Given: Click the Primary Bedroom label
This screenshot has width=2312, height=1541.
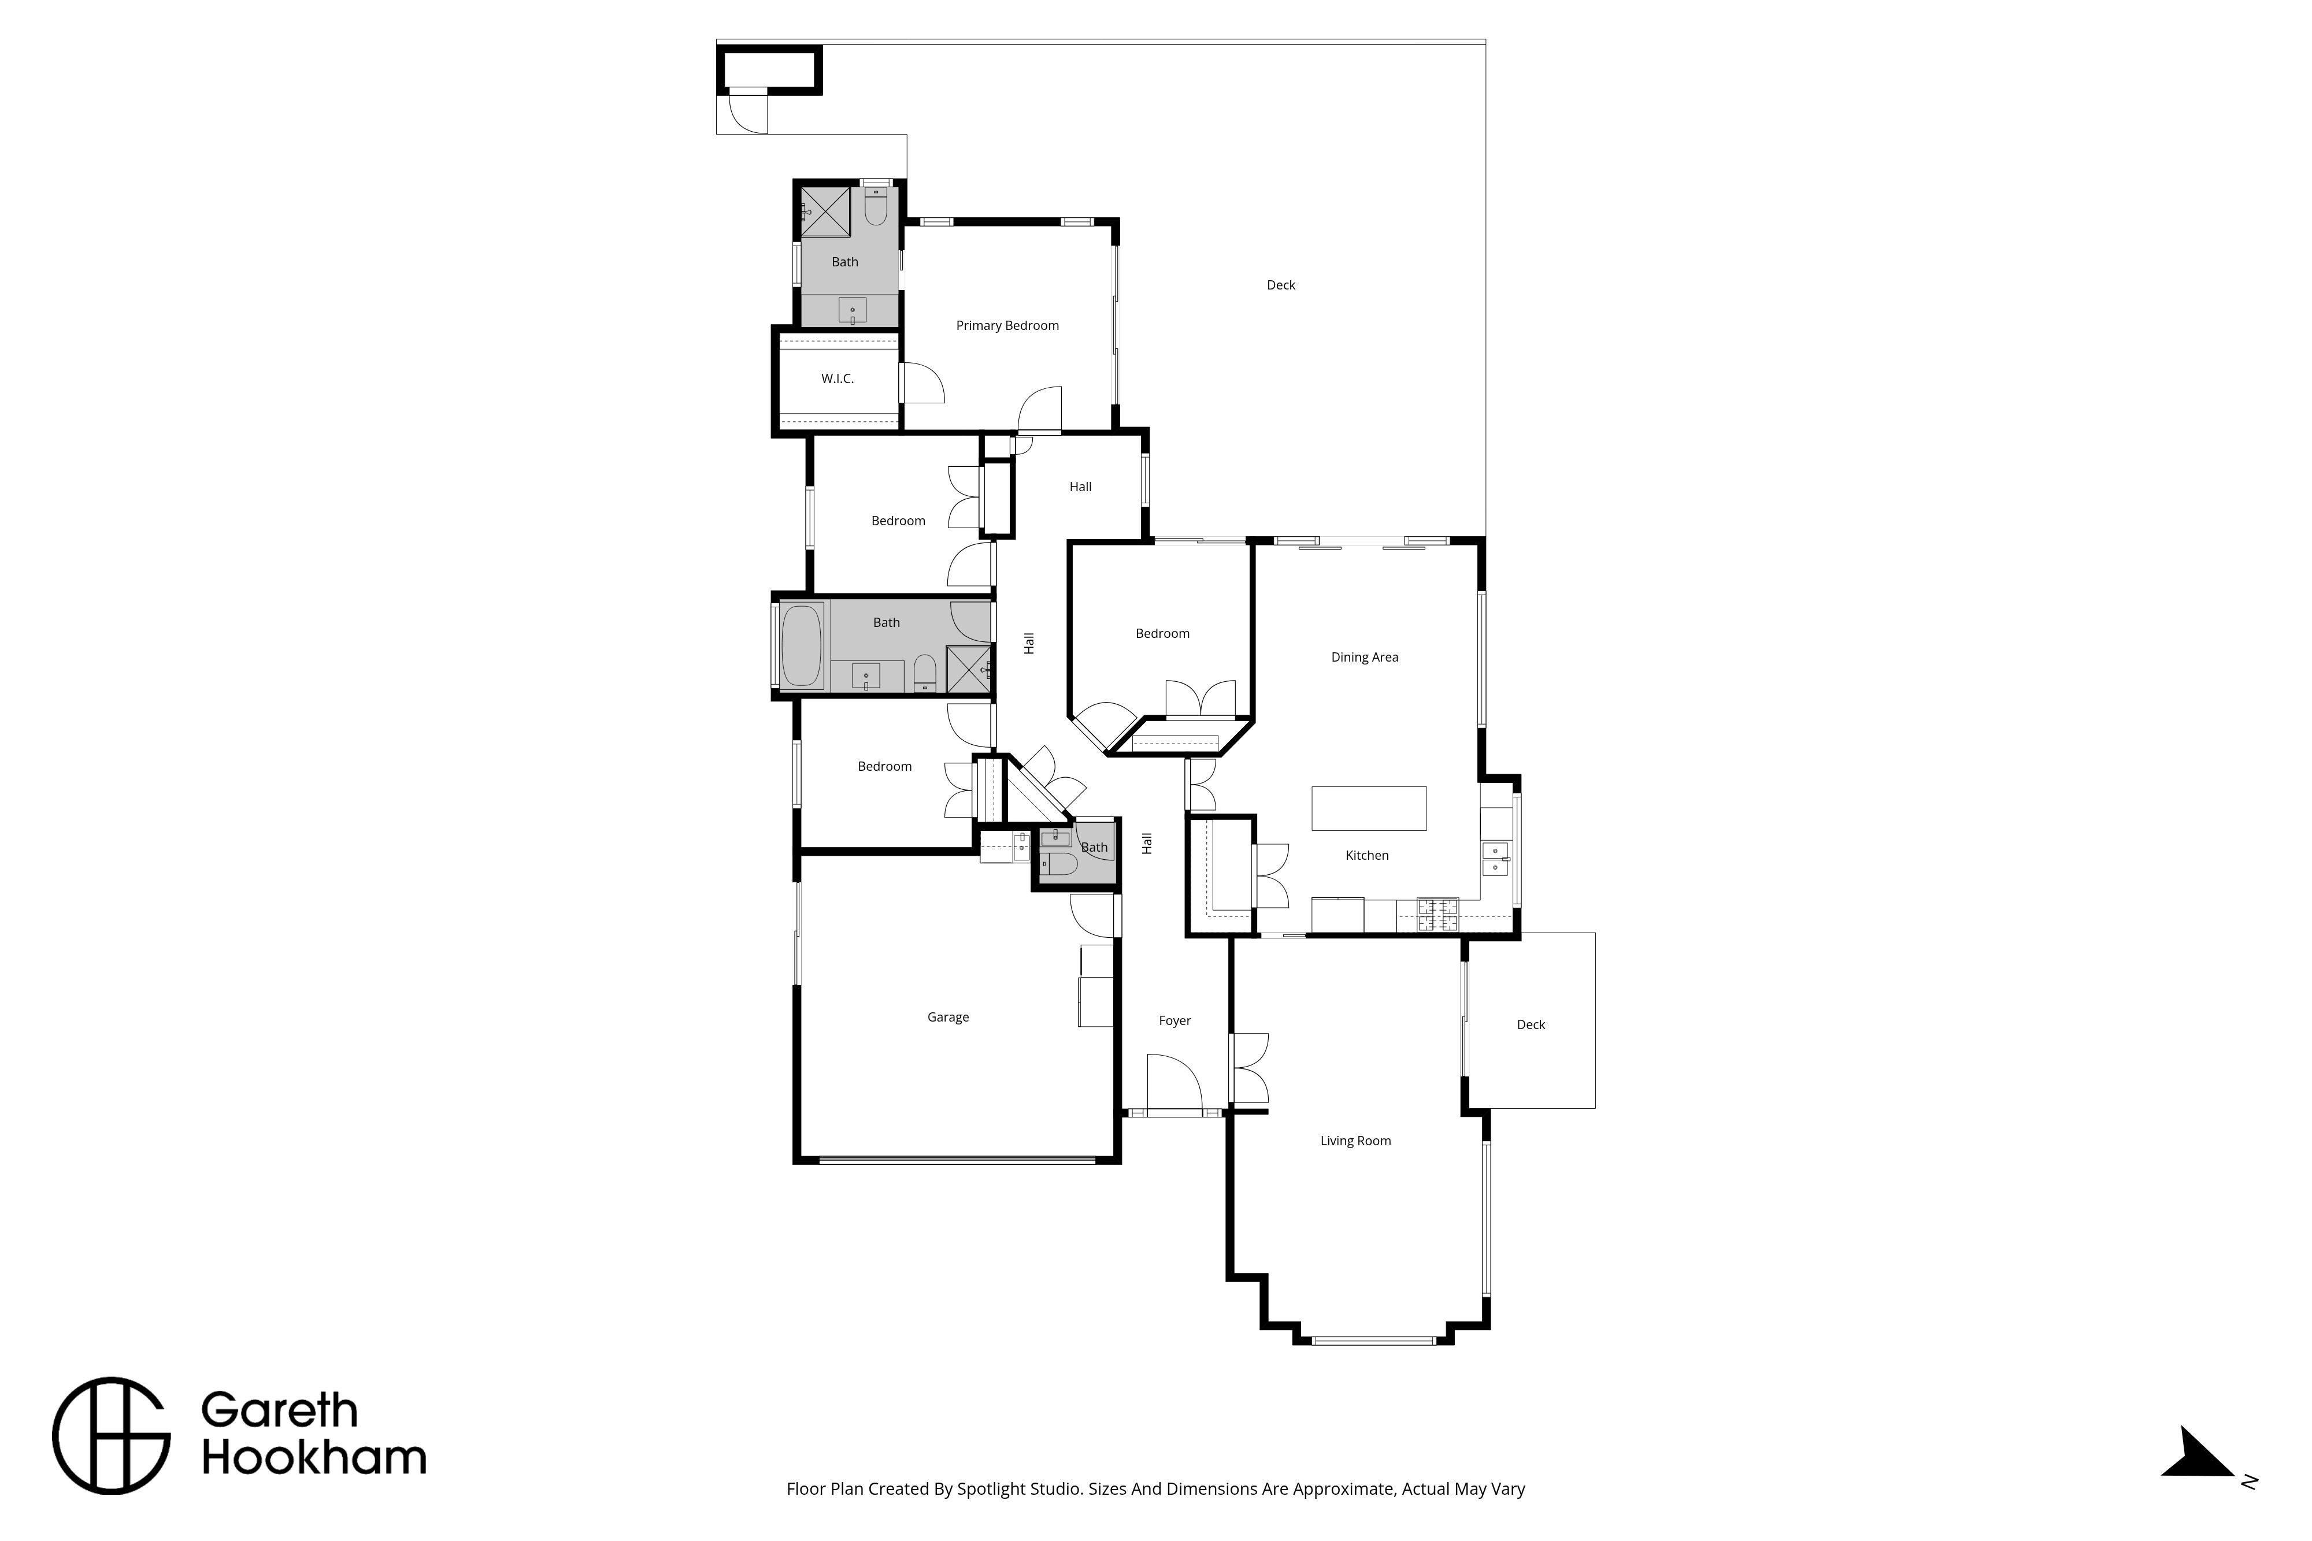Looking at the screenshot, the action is click(1007, 325).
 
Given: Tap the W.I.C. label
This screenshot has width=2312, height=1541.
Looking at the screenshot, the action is click(838, 378).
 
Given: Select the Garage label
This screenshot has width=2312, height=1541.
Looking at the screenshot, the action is click(947, 1017).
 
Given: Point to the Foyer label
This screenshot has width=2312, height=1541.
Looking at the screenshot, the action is click(1174, 1021).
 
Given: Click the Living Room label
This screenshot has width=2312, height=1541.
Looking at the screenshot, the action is click(1355, 1141).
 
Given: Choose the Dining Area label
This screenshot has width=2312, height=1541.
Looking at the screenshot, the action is click(1365, 658).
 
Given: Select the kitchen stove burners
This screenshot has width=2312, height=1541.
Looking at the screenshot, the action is click(1437, 915).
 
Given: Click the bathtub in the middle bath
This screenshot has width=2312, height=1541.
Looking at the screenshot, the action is click(801, 645).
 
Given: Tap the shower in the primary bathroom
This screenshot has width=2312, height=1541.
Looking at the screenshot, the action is click(826, 211).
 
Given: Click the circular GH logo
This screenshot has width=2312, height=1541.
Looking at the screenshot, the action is click(111, 1436).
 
